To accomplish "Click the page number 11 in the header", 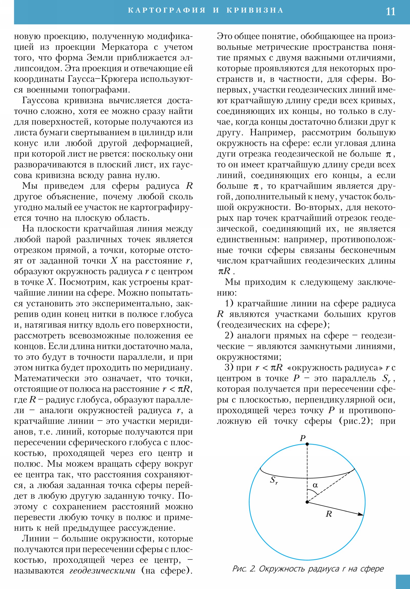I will click(x=390, y=12).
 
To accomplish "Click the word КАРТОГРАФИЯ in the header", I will click(x=167, y=10).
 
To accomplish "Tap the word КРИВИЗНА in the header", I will click(x=255, y=10).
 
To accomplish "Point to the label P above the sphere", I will click(x=303, y=438).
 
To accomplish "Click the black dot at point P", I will click(x=307, y=444).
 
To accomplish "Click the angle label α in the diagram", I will click(x=315, y=485).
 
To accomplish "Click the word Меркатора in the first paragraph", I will click(x=125, y=47).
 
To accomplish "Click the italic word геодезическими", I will click(x=102, y=571).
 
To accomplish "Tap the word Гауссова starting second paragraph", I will click(x=40, y=101).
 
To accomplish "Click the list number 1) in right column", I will click(x=229, y=303).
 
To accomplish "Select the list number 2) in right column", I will click(x=229, y=335).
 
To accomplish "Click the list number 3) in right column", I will click(x=229, y=367).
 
